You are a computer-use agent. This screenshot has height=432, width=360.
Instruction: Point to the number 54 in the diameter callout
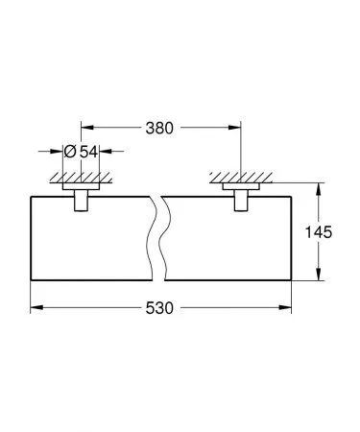[x=87, y=152]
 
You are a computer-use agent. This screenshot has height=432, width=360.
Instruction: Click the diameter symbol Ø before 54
[x=69, y=152]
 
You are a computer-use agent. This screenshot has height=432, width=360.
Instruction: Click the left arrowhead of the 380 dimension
[x=84, y=127]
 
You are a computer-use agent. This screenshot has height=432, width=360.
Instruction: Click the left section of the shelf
[x=91, y=240]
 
